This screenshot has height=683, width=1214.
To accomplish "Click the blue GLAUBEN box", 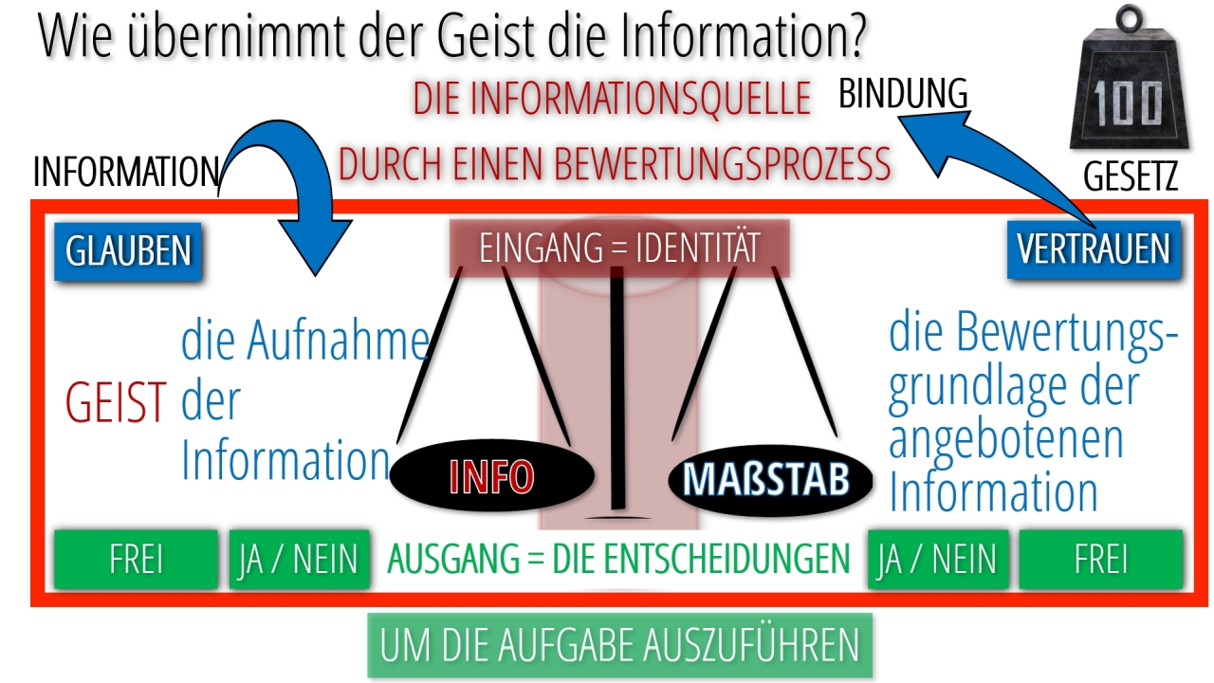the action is pos(128,251).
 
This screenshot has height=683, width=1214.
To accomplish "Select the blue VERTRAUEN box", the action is pos(1094,249).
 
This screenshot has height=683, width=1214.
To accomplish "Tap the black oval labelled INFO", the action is pos(492,476).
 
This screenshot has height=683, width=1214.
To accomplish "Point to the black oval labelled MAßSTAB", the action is pos(770,479).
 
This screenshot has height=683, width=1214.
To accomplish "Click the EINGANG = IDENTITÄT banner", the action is pos(619,249).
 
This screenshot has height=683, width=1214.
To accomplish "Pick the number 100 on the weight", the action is pos(1128,104).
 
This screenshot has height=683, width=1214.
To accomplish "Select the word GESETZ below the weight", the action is pos(1131,176).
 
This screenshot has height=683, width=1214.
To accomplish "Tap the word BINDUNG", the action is pos(903,93).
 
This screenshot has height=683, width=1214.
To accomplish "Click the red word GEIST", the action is pos(116,402).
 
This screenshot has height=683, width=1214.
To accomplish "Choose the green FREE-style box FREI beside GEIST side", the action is pos(136,559).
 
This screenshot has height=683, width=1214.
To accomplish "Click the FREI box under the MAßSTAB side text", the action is pos(1101,559).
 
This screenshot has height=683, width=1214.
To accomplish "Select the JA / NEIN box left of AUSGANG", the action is pos(299,559).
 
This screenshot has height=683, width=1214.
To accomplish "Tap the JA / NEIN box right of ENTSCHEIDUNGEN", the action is pos(938,559).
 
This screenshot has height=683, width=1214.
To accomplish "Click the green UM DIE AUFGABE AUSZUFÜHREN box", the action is pos(620,645).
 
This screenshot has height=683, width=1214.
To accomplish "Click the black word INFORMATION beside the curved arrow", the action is pos(126,172).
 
